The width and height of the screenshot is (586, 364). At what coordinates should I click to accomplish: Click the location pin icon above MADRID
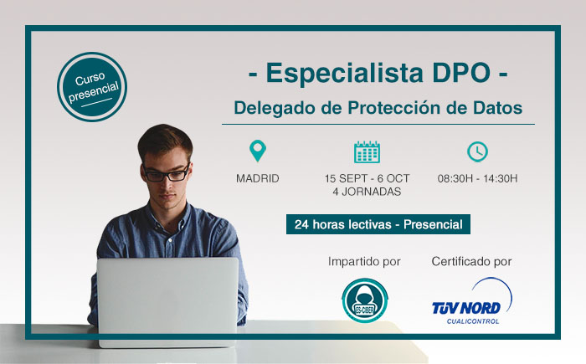(x=258, y=151)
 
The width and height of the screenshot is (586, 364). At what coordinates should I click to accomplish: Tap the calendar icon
(x=367, y=151)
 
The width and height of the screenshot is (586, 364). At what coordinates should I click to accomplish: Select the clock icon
(x=477, y=151)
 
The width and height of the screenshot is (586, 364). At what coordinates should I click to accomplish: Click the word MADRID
(x=258, y=178)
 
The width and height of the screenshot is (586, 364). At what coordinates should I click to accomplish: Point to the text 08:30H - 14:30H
(x=478, y=178)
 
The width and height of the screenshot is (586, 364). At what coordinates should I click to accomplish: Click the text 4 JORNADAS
(x=367, y=192)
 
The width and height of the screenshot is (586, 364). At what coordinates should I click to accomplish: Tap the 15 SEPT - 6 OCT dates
(x=367, y=178)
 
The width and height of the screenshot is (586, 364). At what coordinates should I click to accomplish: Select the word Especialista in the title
(x=344, y=73)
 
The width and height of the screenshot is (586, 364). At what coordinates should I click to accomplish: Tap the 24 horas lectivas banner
(x=378, y=224)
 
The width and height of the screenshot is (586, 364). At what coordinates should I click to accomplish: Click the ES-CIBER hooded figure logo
(x=365, y=300)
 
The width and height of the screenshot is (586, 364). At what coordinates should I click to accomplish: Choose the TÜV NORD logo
(x=471, y=301)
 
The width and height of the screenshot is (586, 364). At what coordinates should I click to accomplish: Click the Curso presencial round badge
(x=92, y=87)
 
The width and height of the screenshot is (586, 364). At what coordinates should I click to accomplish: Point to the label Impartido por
(x=364, y=262)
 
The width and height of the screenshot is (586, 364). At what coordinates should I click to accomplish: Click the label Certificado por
(x=471, y=262)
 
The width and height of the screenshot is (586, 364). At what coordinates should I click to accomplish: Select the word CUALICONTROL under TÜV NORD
(x=473, y=321)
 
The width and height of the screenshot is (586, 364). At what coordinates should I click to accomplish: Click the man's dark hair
(x=165, y=140)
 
